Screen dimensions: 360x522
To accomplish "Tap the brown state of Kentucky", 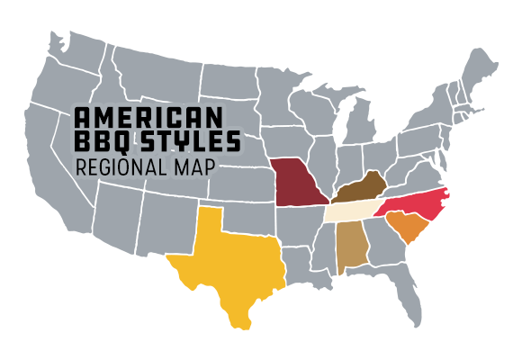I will coord(360,190).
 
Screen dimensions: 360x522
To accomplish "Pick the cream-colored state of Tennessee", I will coord(351,210).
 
